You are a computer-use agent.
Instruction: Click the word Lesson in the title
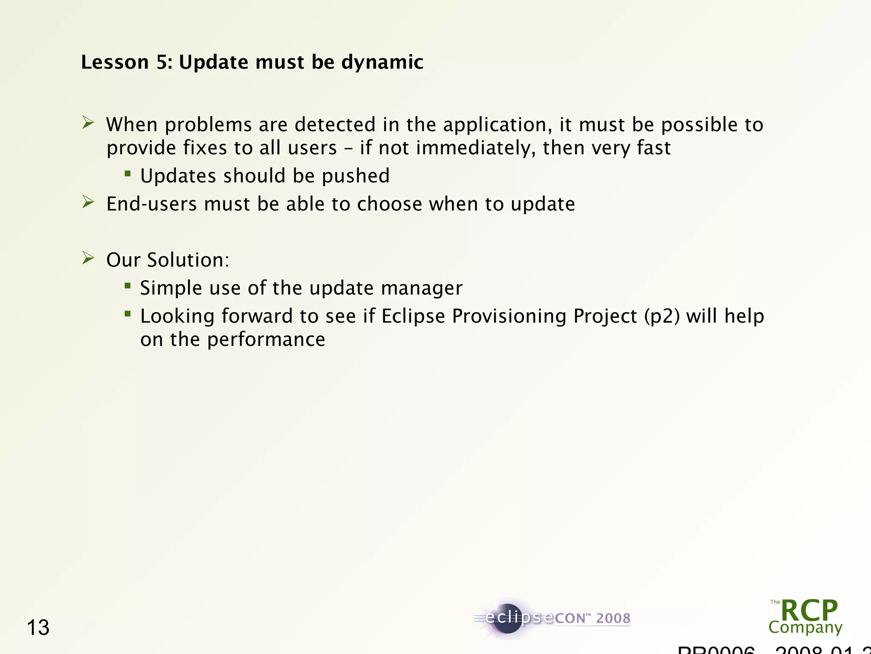pyautogui.click(x=114, y=62)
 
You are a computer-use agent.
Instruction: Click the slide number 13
pyautogui.click(x=38, y=628)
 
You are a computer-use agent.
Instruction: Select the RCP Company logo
pyautogui.click(x=806, y=617)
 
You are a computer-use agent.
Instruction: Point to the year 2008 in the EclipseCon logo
pyautogui.click(x=613, y=618)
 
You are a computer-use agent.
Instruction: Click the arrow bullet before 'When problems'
pyautogui.click(x=88, y=123)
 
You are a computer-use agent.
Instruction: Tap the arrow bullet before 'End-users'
pyautogui.click(x=88, y=202)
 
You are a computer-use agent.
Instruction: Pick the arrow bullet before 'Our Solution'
pyautogui.click(x=88, y=258)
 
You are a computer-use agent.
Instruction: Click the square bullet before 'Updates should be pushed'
pyautogui.click(x=128, y=173)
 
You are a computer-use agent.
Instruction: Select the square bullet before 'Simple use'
pyautogui.click(x=128, y=286)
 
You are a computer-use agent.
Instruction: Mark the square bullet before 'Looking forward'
pyautogui.click(x=128, y=314)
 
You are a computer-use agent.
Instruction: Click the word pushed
pyautogui.click(x=356, y=176)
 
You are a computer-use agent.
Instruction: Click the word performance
pyautogui.click(x=266, y=340)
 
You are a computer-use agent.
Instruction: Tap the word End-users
pyautogui.click(x=151, y=204)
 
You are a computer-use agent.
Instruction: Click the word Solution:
pyautogui.click(x=188, y=260)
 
